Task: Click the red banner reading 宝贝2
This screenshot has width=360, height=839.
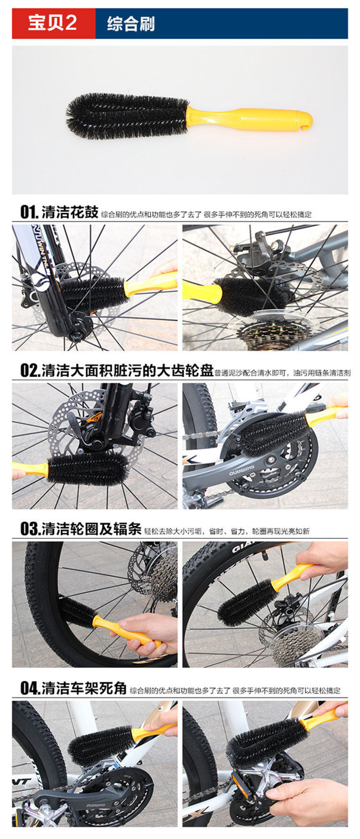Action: point(53,24)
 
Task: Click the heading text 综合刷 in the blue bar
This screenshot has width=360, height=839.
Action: point(131,24)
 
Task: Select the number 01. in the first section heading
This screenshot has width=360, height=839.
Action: point(29,212)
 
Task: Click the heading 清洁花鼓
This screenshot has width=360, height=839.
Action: point(70,212)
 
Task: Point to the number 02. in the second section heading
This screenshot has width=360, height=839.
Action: point(30,371)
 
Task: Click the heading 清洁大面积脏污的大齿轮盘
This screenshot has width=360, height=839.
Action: point(127,371)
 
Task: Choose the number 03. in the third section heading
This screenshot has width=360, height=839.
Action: point(30,530)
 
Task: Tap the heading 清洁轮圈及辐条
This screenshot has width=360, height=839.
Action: point(91,530)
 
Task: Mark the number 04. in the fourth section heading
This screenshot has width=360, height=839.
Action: point(30,688)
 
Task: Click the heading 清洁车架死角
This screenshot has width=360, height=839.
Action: point(84,688)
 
